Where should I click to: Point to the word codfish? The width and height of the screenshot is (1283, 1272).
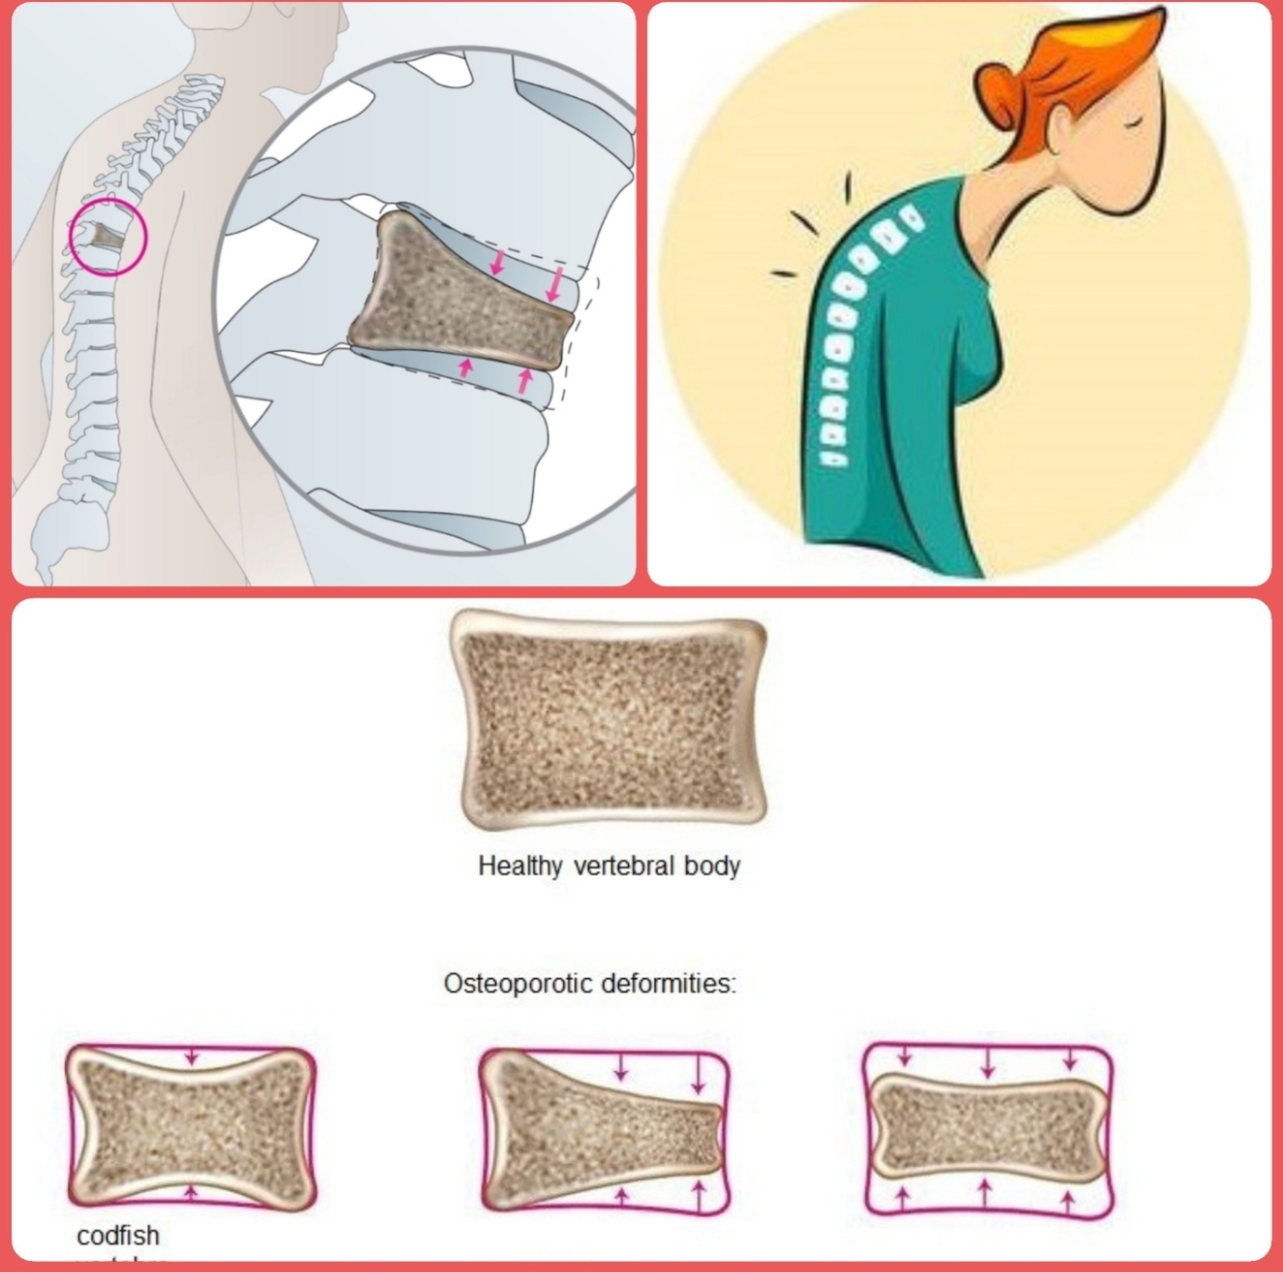[117, 1235]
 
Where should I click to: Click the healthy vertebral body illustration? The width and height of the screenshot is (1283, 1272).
[609, 719]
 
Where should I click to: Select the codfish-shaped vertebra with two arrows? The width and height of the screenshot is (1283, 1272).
[191, 1125]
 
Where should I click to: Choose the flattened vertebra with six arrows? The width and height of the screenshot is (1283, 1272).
[987, 1125]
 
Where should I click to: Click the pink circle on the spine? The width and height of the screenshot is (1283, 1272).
[108, 237]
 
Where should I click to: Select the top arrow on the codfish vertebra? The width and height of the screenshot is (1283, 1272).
[191, 1056]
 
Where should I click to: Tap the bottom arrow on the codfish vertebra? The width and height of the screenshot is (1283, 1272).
[191, 1191]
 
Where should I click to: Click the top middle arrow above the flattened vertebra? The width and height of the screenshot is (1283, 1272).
[987, 1064]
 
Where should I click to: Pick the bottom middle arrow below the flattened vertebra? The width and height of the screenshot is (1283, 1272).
[985, 1191]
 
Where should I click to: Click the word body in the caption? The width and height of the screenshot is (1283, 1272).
[712, 866]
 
